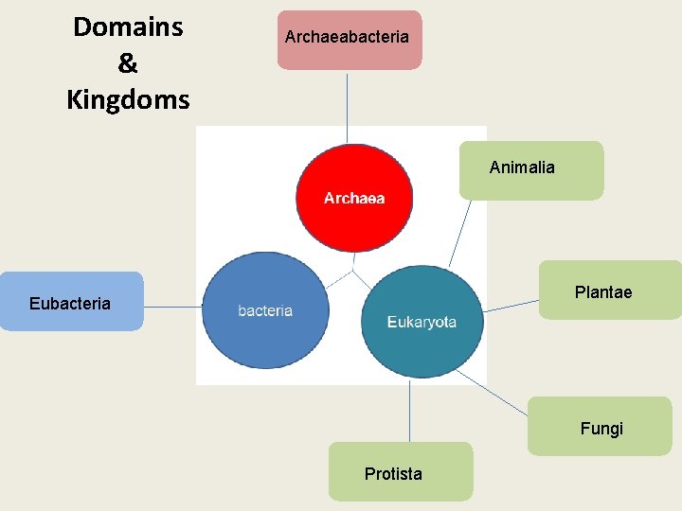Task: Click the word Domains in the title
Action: [x=128, y=26]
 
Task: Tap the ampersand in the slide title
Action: [x=128, y=63]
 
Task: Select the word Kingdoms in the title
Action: [x=128, y=99]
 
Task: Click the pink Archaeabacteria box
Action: [x=349, y=40]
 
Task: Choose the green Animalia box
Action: [x=530, y=170]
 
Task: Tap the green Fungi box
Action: [x=600, y=426]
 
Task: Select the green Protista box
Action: [x=400, y=471]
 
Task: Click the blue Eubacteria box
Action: [x=71, y=301]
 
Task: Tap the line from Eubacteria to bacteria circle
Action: [x=172, y=307]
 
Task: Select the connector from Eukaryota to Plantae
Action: [x=511, y=304]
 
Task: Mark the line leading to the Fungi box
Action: [x=493, y=393]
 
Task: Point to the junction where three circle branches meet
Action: [x=353, y=271]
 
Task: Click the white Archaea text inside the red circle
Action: [x=354, y=199]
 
